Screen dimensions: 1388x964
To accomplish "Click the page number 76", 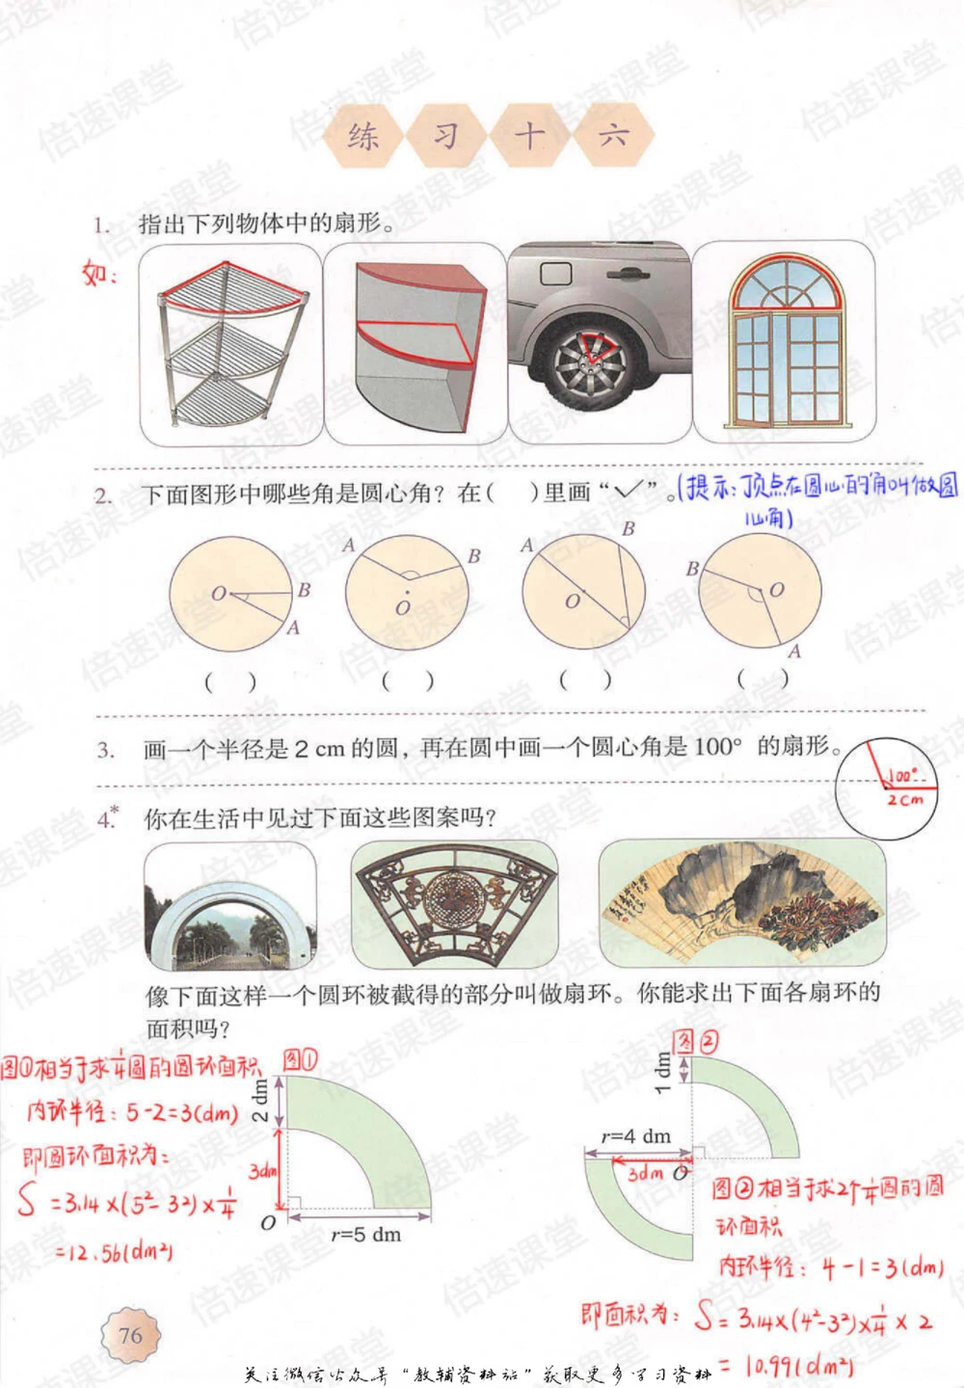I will click(x=130, y=1334).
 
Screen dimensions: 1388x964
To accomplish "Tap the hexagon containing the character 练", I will click(x=363, y=135).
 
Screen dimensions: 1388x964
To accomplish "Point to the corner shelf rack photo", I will click(x=230, y=344).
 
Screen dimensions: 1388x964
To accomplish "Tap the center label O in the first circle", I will click(x=219, y=594).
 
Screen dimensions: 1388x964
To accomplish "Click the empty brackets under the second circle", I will click(x=407, y=681).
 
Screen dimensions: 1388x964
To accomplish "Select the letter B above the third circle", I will click(x=629, y=528).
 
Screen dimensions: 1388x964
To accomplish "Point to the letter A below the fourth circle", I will click(x=794, y=652).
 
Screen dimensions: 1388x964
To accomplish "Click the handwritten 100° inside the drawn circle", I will click(x=902, y=775).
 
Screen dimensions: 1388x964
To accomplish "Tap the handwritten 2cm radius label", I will click(x=905, y=799).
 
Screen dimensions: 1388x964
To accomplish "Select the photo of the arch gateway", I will click(x=230, y=907).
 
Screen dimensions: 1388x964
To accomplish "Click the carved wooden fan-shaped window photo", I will click(x=454, y=904).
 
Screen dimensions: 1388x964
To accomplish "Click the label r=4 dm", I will click(x=635, y=1136).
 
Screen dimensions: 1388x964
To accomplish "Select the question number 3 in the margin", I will click(x=105, y=749).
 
